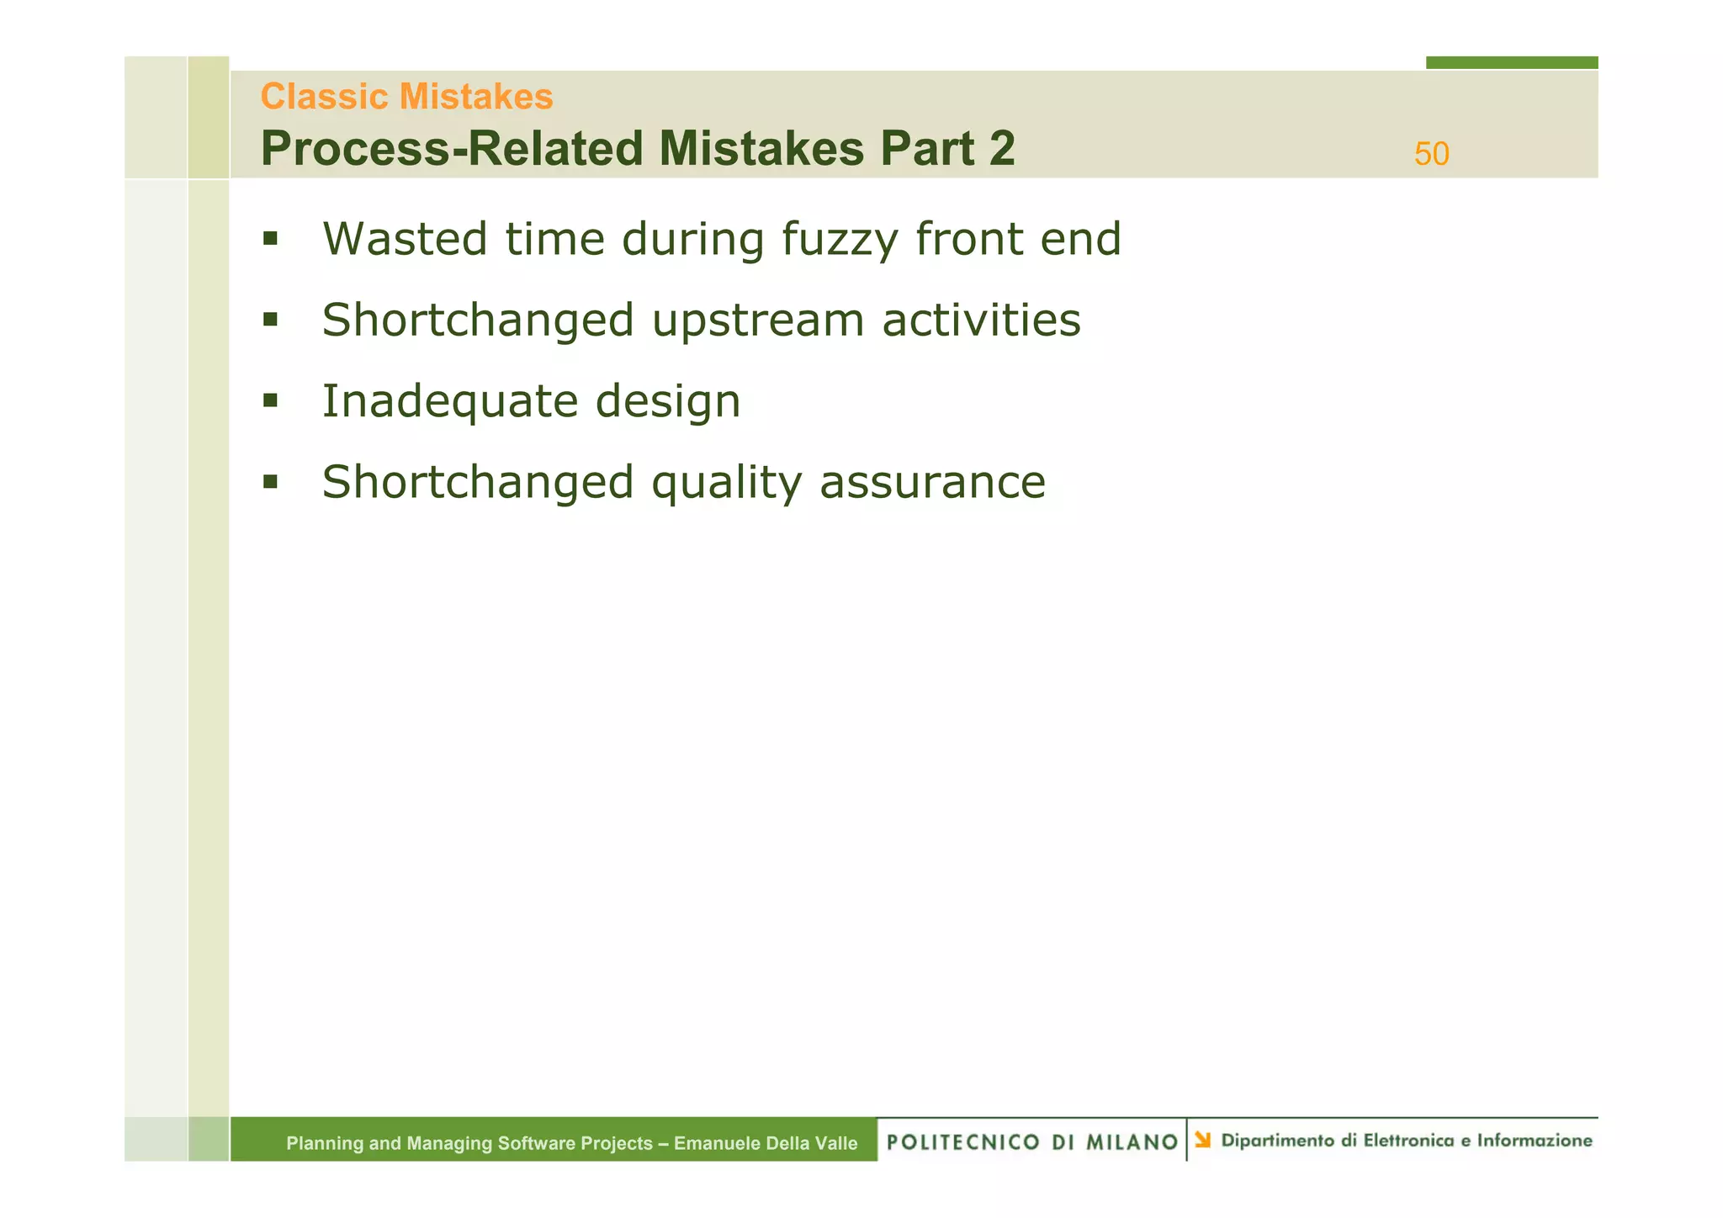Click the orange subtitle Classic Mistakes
406,97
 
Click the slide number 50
1431,154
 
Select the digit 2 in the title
1001,149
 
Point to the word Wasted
405,239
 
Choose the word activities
981,320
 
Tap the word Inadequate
448,401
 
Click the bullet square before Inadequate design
270,400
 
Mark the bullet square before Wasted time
270,239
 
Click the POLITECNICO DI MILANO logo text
1032,1142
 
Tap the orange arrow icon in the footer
1203,1140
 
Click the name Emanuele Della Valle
766,1143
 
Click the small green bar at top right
1511,62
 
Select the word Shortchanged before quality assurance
478,483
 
